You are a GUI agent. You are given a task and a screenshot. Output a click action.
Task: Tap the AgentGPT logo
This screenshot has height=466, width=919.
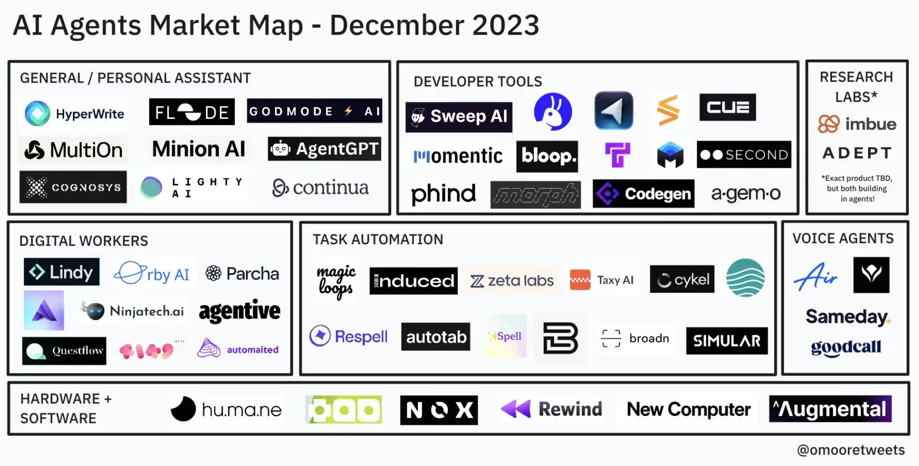click(x=324, y=149)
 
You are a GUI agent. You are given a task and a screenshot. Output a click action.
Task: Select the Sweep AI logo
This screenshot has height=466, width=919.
click(x=459, y=117)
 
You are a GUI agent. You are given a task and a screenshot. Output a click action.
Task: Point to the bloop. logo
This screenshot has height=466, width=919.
click(x=547, y=157)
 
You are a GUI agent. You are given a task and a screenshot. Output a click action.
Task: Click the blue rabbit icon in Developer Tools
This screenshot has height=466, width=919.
click(x=552, y=112)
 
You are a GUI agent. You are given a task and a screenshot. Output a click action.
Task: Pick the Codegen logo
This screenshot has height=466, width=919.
click(x=643, y=194)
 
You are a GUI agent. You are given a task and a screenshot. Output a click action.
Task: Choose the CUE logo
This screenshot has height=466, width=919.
click(x=727, y=107)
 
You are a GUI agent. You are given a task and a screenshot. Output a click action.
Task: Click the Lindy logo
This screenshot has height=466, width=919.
click(x=62, y=272)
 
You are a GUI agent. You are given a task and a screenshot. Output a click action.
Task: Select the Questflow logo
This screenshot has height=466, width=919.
click(x=64, y=350)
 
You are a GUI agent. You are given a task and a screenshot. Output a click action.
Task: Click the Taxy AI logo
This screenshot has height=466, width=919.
click(x=602, y=280)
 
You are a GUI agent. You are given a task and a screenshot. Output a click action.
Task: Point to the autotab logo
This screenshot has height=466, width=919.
click(x=436, y=337)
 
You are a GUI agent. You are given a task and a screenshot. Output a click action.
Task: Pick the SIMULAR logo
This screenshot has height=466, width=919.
click(x=727, y=341)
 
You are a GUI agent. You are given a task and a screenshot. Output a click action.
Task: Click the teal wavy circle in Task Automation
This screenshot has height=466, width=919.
click(x=745, y=278)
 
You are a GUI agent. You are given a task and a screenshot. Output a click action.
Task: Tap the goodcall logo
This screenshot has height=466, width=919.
click(x=846, y=347)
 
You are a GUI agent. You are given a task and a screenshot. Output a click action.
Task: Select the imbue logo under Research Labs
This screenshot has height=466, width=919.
click(x=857, y=124)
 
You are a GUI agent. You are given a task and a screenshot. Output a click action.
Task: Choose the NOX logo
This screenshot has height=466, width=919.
click(x=438, y=410)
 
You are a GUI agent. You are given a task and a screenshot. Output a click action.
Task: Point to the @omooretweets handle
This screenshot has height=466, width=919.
click(x=850, y=450)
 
